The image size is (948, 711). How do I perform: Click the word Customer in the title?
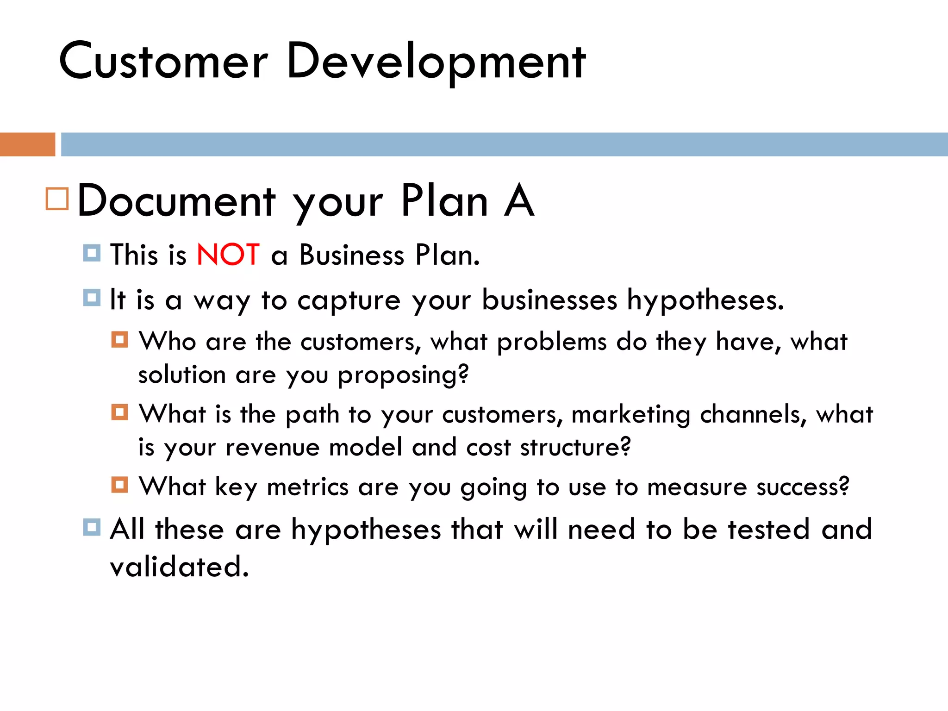pyautogui.click(x=163, y=62)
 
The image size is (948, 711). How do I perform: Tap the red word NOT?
pyautogui.click(x=228, y=255)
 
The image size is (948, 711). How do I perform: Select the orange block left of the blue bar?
pyautogui.click(x=27, y=144)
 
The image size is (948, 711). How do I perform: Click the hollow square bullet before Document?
pyautogui.click(x=57, y=199)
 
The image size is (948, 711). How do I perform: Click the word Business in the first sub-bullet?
pyautogui.click(x=352, y=255)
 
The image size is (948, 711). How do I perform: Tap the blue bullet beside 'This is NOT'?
pyautogui.click(x=92, y=253)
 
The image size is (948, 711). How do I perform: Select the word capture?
pyautogui.click(x=349, y=301)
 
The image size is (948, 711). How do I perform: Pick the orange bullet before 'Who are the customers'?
pyautogui.click(x=119, y=340)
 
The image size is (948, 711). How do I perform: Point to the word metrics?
pyautogui.click(x=308, y=487)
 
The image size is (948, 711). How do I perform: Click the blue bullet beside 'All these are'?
pyautogui.click(x=92, y=527)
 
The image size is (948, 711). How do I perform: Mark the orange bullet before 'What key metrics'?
pyautogui.click(x=119, y=485)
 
